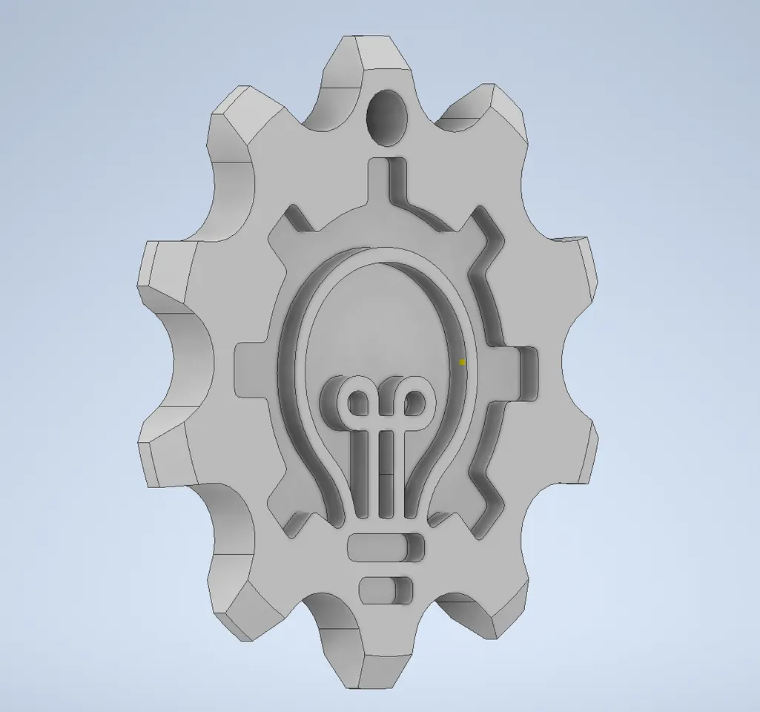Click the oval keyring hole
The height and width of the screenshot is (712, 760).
pos(388,117)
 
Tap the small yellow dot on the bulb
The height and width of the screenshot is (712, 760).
pos(461,362)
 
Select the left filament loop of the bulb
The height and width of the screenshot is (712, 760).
pos(357,403)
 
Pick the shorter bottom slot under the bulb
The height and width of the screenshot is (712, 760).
pos(386,590)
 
